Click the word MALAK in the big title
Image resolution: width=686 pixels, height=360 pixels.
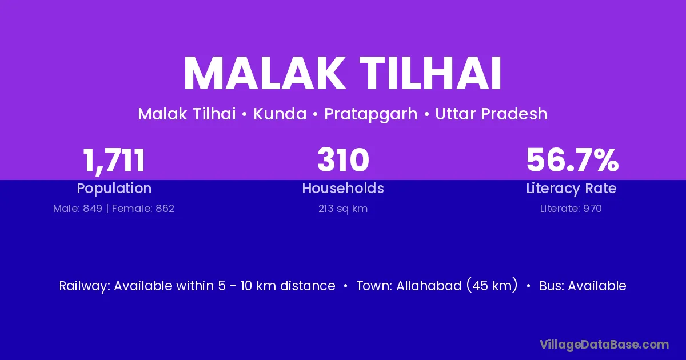[x=263, y=73]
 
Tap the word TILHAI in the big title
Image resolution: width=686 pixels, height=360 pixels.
[x=430, y=73]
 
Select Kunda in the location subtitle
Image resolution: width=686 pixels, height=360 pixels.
[x=280, y=114]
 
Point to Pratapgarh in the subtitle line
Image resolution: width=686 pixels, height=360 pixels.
[x=371, y=114]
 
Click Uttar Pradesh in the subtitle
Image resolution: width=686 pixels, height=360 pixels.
[x=491, y=114]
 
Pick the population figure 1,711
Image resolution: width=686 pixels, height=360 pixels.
[x=114, y=161]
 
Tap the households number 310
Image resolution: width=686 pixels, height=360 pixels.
[x=343, y=160]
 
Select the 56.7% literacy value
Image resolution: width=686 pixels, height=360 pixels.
[x=572, y=160]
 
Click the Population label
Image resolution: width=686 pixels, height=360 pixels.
[x=114, y=189]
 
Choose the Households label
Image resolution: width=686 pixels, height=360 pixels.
[x=343, y=188]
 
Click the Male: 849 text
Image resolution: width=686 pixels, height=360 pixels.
[x=78, y=209]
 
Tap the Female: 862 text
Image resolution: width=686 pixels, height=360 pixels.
[x=143, y=209]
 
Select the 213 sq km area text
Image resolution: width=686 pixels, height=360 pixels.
[x=343, y=209]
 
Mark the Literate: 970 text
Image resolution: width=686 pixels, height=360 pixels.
[x=571, y=209]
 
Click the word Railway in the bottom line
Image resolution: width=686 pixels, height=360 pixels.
[x=85, y=286]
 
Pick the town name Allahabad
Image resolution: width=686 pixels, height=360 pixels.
[x=429, y=286]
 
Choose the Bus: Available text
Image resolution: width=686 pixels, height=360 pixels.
[x=583, y=286]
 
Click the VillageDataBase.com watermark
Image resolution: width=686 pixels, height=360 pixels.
[x=604, y=345]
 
